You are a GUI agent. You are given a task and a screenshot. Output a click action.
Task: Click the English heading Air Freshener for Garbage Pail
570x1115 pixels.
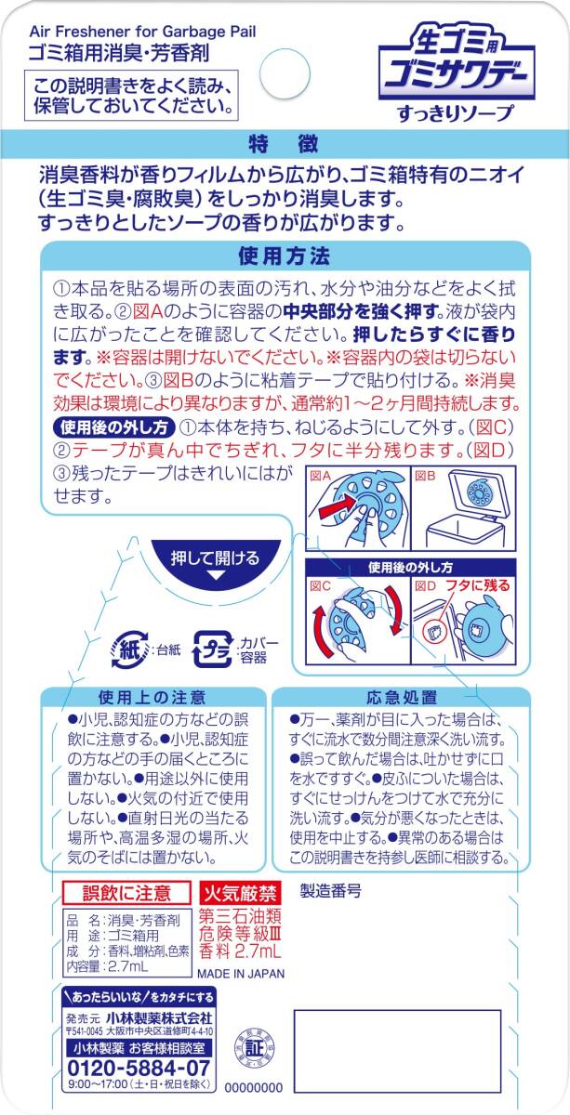142,33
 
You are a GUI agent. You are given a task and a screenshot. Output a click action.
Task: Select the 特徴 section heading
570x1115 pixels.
284,144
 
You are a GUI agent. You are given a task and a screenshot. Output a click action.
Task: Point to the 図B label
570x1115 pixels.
425,476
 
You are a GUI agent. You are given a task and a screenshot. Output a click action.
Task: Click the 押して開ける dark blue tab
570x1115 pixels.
215,561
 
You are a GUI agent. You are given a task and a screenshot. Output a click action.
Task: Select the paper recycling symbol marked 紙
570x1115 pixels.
130,649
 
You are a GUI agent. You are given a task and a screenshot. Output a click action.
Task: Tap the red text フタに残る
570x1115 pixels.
477,585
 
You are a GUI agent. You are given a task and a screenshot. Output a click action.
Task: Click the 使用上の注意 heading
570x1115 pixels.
152,698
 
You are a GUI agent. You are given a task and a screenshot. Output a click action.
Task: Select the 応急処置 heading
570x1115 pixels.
402,698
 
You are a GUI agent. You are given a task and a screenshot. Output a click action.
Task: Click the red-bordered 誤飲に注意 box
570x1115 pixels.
126,893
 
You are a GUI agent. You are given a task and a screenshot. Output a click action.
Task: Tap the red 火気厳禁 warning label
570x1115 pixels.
240,894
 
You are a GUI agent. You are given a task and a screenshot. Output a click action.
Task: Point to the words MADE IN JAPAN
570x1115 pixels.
241,974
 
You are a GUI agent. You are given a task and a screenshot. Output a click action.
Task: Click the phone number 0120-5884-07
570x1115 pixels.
139,1068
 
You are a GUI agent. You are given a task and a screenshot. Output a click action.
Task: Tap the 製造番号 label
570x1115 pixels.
330,891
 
